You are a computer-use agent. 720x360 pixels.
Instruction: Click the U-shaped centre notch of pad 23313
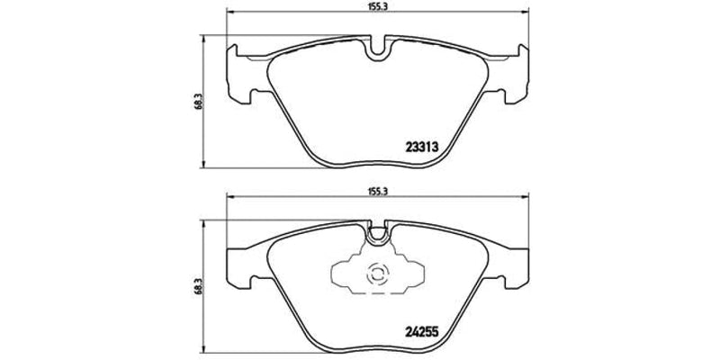point(376,47)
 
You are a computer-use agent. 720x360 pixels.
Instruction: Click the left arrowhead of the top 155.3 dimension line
point(229,13)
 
